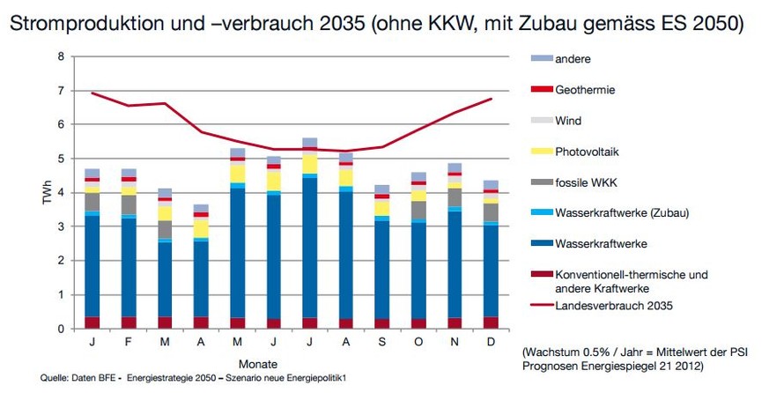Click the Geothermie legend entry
point(586,90)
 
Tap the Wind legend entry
point(568,121)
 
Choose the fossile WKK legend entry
point(589,182)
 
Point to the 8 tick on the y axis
point(61,56)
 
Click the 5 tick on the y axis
point(61,159)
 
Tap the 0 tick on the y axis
point(61,329)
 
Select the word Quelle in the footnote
point(55,379)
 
